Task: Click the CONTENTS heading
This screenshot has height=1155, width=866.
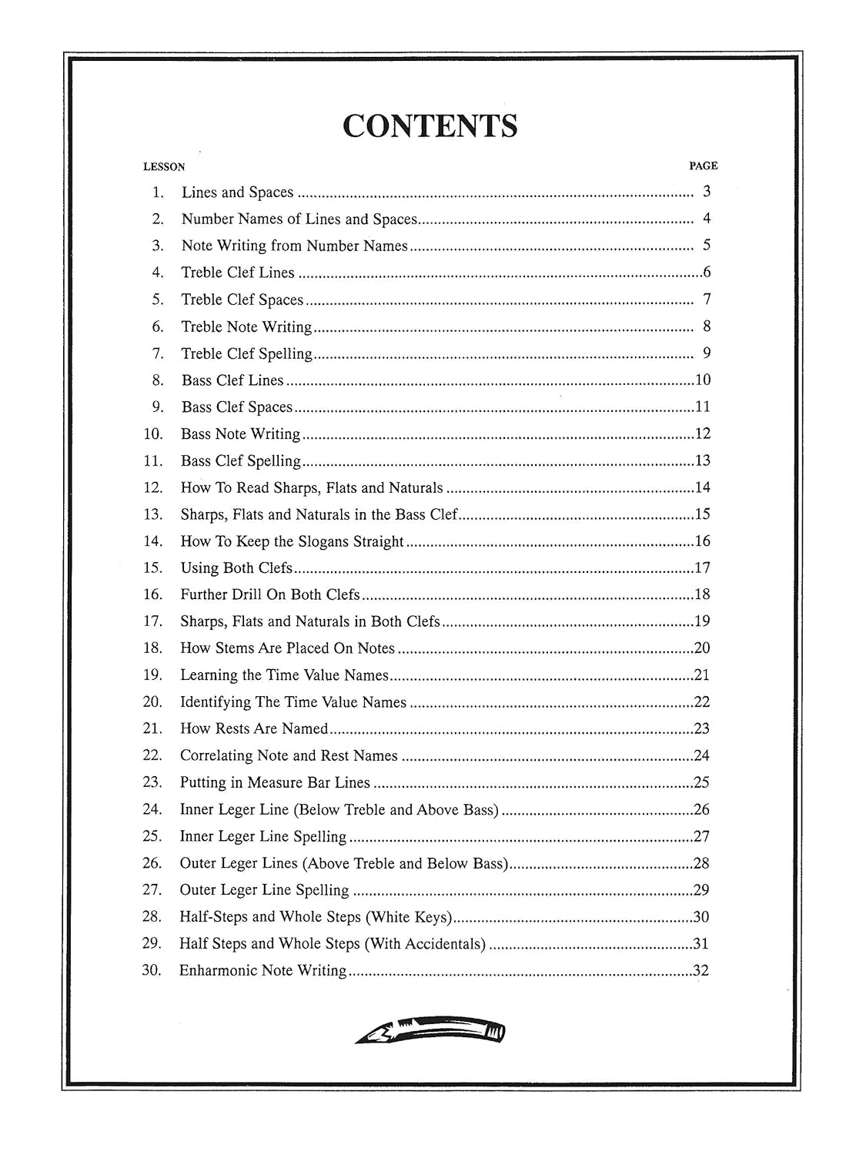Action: point(430,126)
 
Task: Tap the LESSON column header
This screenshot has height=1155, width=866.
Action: point(164,166)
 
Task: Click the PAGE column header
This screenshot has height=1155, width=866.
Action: point(703,166)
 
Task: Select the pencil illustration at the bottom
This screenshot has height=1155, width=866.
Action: point(430,1029)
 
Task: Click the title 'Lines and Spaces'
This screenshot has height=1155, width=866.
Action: point(237,192)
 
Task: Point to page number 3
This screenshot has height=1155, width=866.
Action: point(707,192)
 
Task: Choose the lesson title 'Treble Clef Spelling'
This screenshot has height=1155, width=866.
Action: point(246,353)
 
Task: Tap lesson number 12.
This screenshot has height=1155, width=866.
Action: point(153,487)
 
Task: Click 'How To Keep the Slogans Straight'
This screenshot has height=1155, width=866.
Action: point(292,541)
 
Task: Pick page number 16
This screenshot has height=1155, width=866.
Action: point(702,541)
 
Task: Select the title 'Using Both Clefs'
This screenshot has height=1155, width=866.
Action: point(236,568)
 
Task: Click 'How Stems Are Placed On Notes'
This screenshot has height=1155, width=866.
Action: point(287,648)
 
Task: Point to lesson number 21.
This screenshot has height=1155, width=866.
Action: point(152,728)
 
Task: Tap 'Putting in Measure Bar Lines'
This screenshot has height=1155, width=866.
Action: point(275,782)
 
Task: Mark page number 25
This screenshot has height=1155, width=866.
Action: point(701,782)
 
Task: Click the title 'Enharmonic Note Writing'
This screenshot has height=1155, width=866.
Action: point(262,970)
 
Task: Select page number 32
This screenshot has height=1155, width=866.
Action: point(700,970)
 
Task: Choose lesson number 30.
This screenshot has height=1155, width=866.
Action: point(152,970)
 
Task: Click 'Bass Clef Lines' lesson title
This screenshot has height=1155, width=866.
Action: point(232,380)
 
